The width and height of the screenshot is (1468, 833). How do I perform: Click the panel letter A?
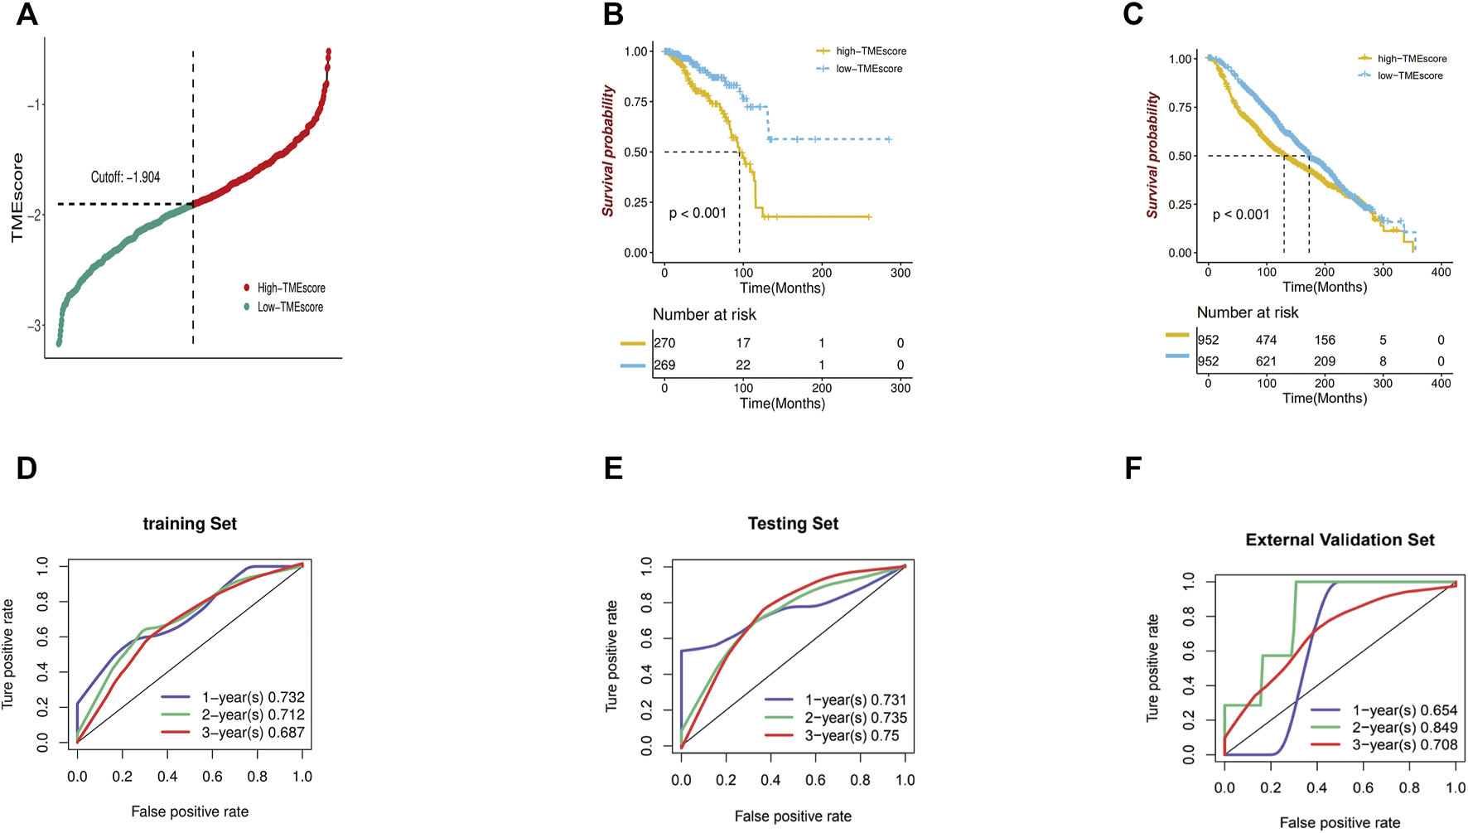(x=27, y=15)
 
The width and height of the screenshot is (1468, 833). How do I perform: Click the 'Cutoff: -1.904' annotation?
(x=125, y=177)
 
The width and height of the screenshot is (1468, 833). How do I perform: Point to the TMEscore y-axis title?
(x=17, y=197)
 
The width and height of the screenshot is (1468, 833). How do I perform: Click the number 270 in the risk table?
(x=664, y=343)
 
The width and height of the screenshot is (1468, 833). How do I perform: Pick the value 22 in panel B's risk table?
(x=743, y=365)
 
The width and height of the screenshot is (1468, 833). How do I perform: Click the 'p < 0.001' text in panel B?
(x=698, y=213)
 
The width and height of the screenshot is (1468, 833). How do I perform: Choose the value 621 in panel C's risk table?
(x=1266, y=361)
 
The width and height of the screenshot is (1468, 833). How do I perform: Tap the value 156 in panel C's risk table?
(x=1324, y=340)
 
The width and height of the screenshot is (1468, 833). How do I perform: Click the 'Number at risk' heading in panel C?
(x=1248, y=312)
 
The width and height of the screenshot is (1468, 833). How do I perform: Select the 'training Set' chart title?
(x=190, y=524)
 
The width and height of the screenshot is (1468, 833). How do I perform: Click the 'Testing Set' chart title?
(x=793, y=524)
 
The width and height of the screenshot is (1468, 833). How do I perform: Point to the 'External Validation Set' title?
(x=1340, y=540)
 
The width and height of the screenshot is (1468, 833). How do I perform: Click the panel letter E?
(x=613, y=468)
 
